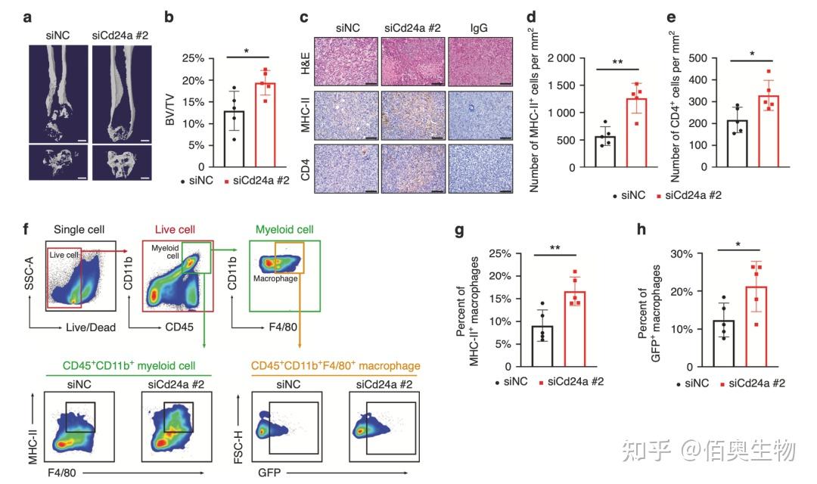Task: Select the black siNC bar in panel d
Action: [605, 151]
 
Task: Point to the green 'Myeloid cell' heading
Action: [285, 228]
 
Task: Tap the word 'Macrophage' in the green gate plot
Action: [275, 278]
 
